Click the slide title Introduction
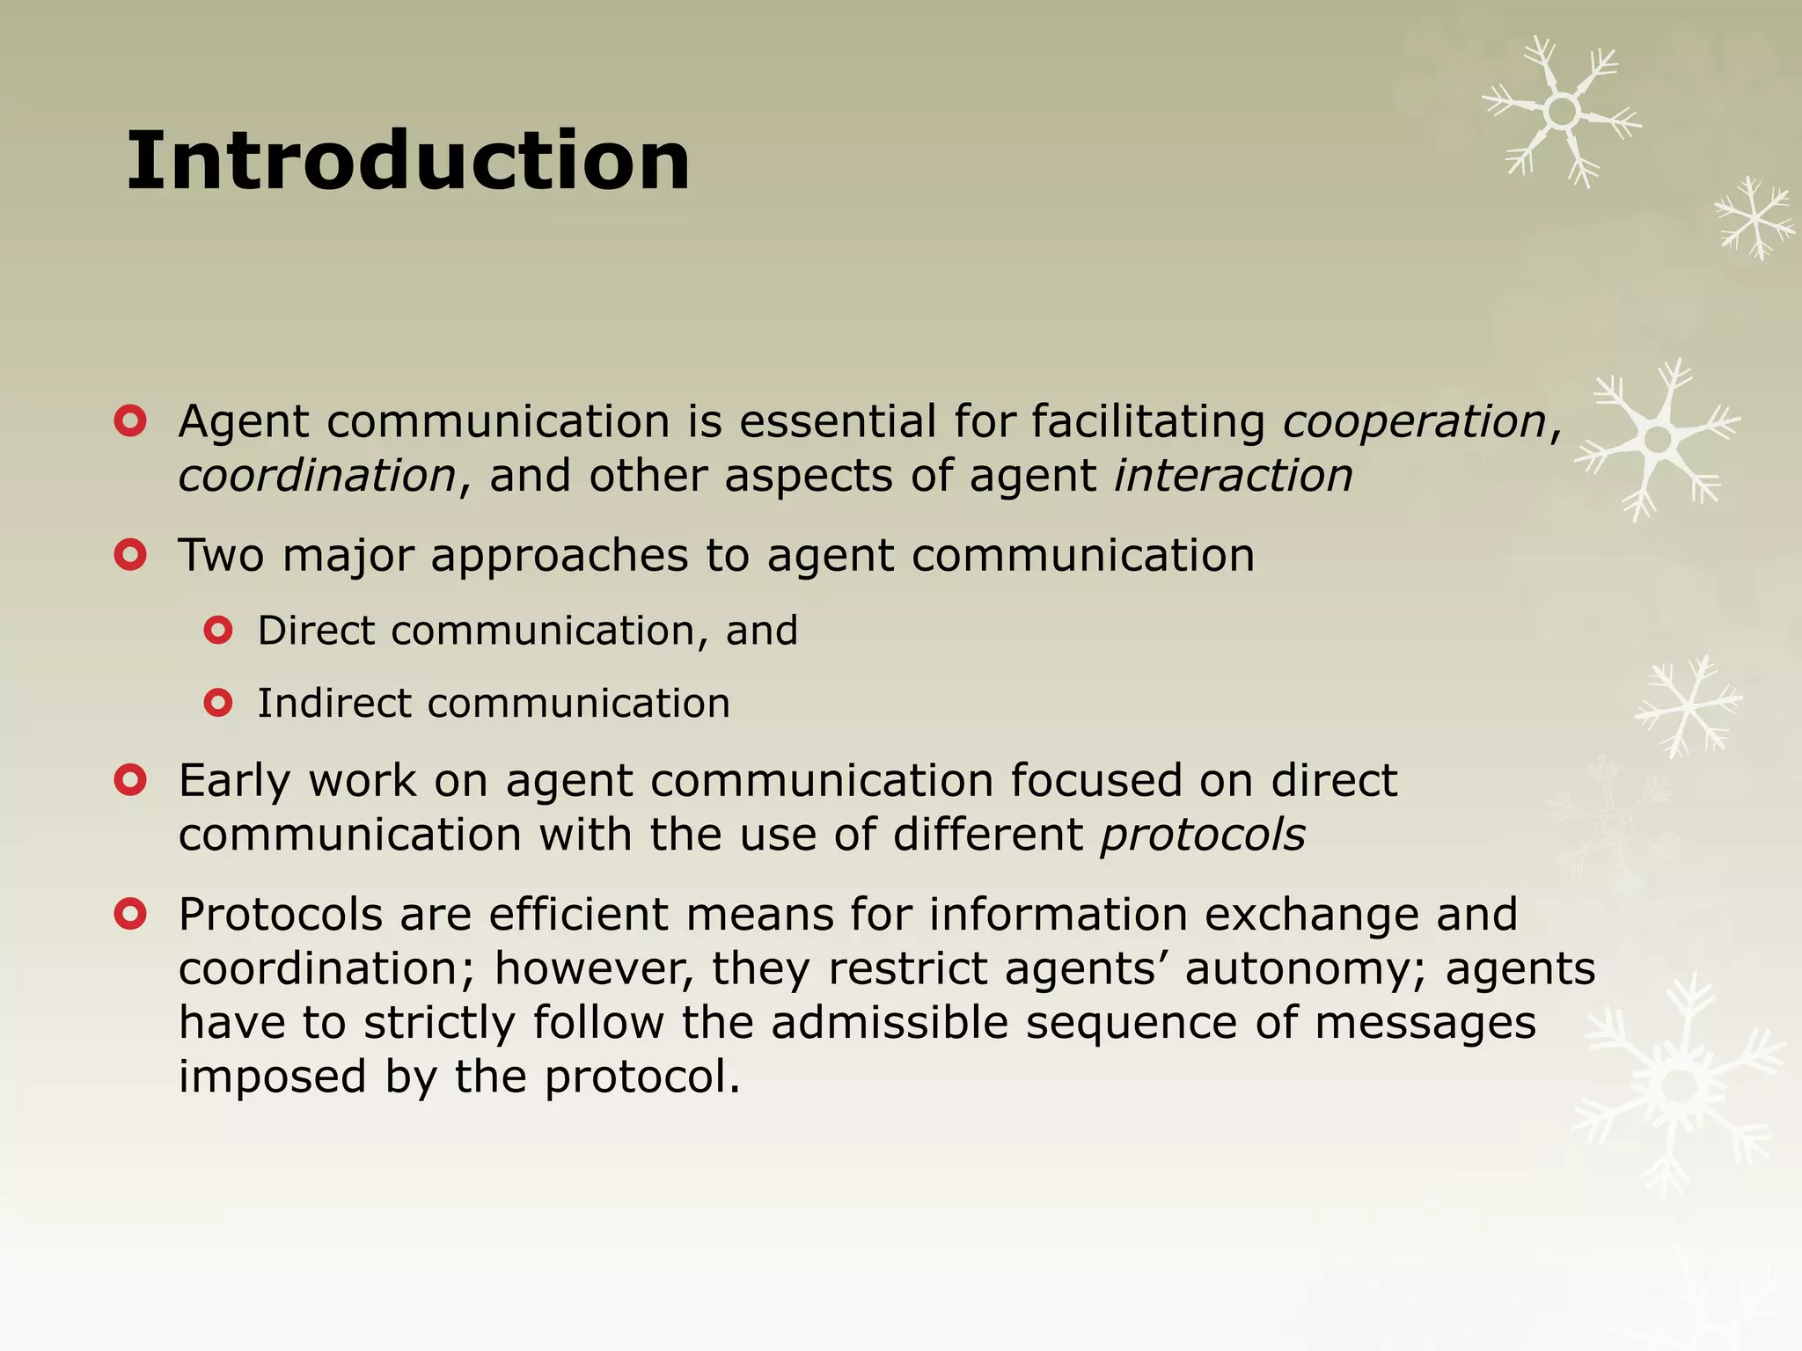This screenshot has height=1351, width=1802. (x=408, y=161)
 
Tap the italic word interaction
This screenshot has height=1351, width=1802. (x=1234, y=476)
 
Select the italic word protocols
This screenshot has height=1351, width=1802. (x=1203, y=834)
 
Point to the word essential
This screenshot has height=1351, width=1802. (x=837, y=421)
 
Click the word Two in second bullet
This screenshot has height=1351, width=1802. (x=221, y=556)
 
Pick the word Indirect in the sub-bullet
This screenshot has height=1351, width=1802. (x=333, y=704)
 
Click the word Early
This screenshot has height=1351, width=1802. (x=234, y=781)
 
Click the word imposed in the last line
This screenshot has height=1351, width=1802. (x=272, y=1077)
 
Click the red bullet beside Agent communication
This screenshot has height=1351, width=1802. (x=130, y=421)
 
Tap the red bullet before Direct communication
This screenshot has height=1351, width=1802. (x=218, y=631)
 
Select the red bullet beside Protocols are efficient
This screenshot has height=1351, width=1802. (x=130, y=915)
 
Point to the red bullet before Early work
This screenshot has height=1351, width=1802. (x=130, y=780)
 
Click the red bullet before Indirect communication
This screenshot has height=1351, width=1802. (x=218, y=703)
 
